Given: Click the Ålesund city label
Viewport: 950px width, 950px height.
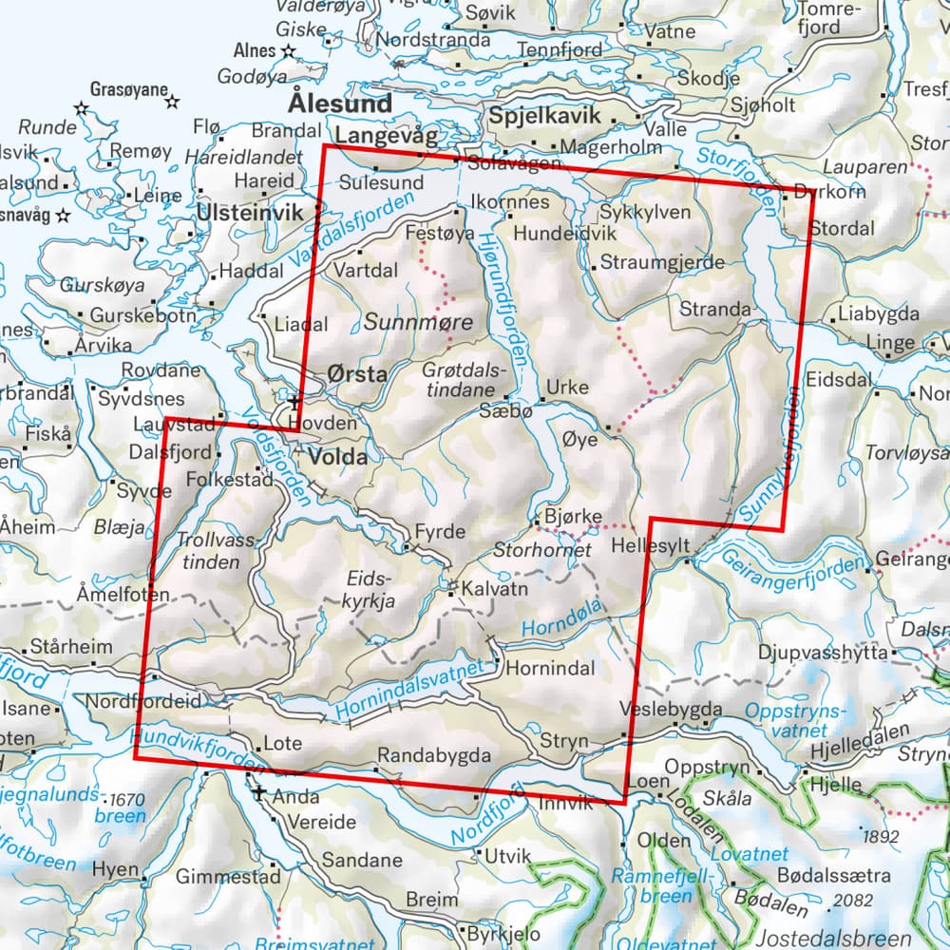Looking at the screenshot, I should pyautogui.click(x=340, y=103).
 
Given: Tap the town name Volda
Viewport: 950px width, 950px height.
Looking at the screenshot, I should pyautogui.click(x=337, y=457).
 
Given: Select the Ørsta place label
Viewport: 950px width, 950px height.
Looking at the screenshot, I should pyautogui.click(x=356, y=374).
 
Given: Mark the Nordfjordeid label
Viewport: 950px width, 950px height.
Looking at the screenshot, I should pyautogui.click(x=143, y=701).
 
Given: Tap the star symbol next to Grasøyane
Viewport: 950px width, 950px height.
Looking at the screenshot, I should pyautogui.click(x=173, y=101).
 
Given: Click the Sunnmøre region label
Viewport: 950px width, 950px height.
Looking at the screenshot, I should pyautogui.click(x=418, y=323).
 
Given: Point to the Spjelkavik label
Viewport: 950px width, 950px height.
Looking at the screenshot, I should pyautogui.click(x=545, y=115).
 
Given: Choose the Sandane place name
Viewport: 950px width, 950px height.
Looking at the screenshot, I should pyautogui.click(x=363, y=861).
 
